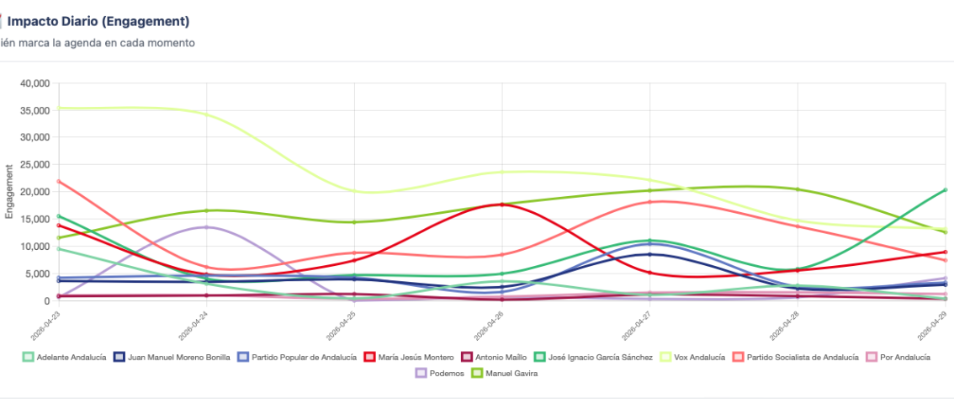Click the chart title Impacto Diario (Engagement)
click(98, 21)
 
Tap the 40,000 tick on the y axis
click(34, 83)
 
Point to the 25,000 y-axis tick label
click(34, 165)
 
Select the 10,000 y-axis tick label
click(34, 247)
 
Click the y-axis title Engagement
click(9, 193)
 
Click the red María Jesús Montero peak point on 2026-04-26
click(502, 204)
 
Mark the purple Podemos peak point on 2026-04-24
click(206, 227)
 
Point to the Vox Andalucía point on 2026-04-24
click(206, 114)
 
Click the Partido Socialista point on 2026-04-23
click(58, 182)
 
